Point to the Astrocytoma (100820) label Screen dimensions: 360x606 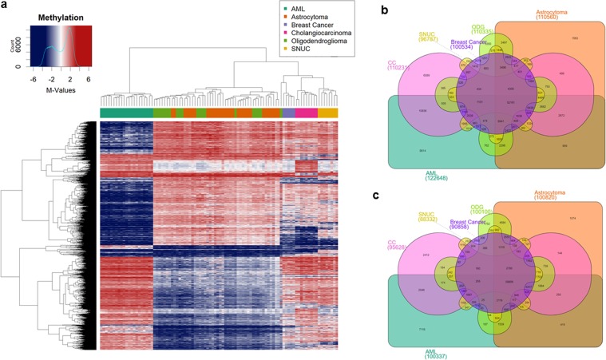[x=550, y=196]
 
